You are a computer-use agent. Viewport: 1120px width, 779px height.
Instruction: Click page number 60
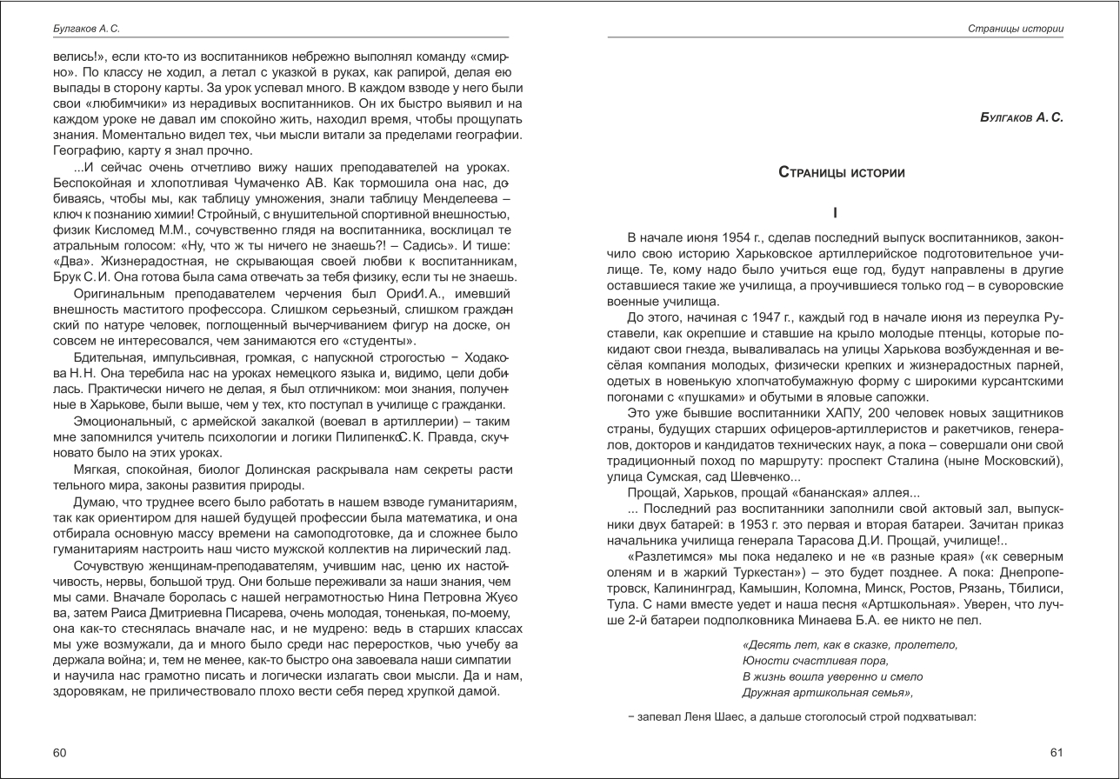click(x=60, y=753)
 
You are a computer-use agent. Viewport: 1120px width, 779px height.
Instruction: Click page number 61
click(x=1056, y=753)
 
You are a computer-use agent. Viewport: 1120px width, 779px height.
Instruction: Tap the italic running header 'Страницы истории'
click(x=1015, y=29)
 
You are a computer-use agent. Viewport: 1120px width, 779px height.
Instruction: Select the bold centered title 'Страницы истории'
click(x=841, y=173)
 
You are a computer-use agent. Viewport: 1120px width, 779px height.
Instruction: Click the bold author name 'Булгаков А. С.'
click(x=1021, y=117)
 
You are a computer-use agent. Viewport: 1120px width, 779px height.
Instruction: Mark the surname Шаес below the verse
click(x=734, y=717)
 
